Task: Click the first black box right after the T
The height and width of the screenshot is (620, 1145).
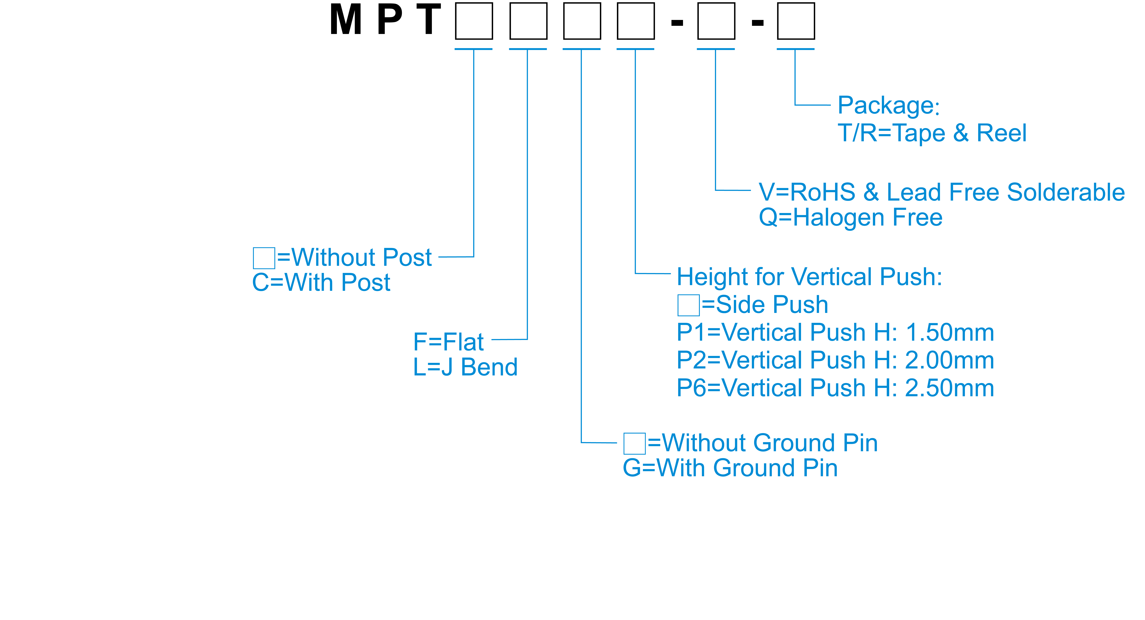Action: click(x=474, y=21)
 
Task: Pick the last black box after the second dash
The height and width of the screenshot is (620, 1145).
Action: click(x=796, y=21)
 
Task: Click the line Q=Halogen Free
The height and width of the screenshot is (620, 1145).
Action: click(x=850, y=217)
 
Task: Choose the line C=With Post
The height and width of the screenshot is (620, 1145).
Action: click(x=321, y=282)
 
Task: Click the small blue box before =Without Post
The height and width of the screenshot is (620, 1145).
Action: click(x=264, y=258)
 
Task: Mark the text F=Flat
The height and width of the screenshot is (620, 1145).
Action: click(x=448, y=342)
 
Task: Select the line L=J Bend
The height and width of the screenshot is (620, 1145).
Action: click(x=465, y=367)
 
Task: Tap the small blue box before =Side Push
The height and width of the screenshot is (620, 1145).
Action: click(x=688, y=305)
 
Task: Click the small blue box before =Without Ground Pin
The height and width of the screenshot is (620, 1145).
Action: click(x=634, y=444)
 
